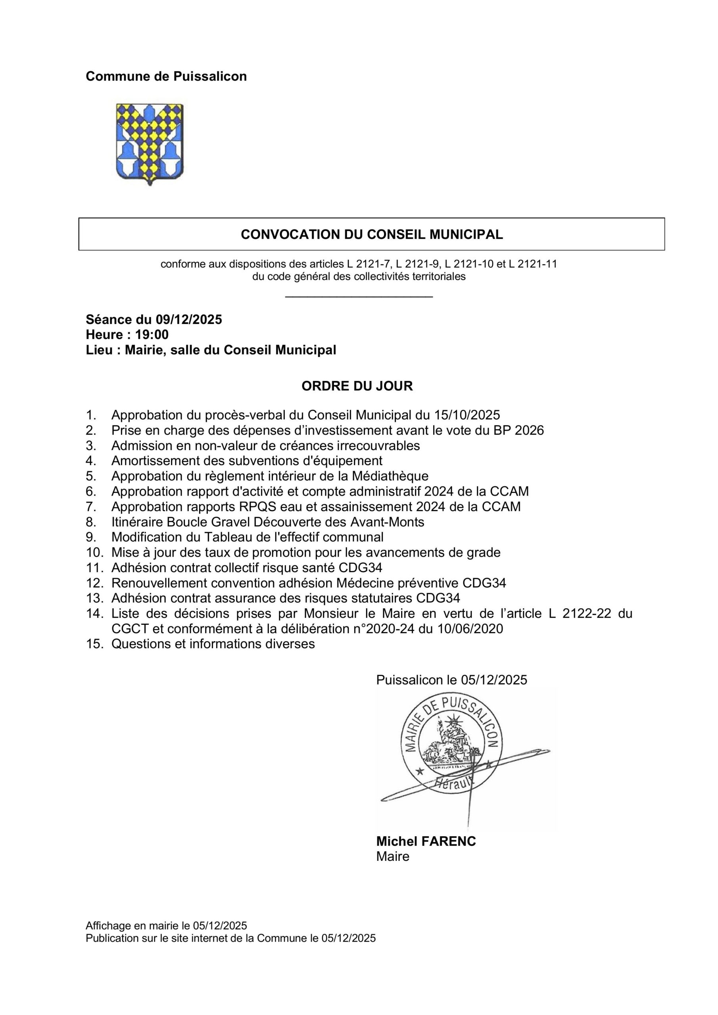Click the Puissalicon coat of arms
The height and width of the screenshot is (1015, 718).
(x=150, y=144)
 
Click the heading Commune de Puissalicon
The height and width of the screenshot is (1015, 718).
(x=166, y=77)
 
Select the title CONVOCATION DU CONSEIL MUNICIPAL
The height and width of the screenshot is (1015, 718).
(x=372, y=234)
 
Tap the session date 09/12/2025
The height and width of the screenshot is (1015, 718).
(x=188, y=319)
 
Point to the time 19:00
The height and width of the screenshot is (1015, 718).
(x=152, y=335)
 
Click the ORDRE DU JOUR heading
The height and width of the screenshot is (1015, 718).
(x=357, y=386)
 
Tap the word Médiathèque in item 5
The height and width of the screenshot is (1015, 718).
(x=390, y=476)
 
